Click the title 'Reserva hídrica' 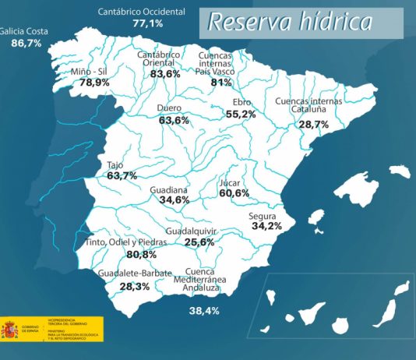click(289, 23)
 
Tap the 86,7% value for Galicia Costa click(26, 44)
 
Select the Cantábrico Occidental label click(142, 12)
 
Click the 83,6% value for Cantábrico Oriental click(164, 73)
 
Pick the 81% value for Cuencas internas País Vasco click(221, 83)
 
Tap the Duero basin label click(169, 108)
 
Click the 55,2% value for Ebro click(241, 114)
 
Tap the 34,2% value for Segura click(266, 226)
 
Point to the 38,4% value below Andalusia click(204, 311)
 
